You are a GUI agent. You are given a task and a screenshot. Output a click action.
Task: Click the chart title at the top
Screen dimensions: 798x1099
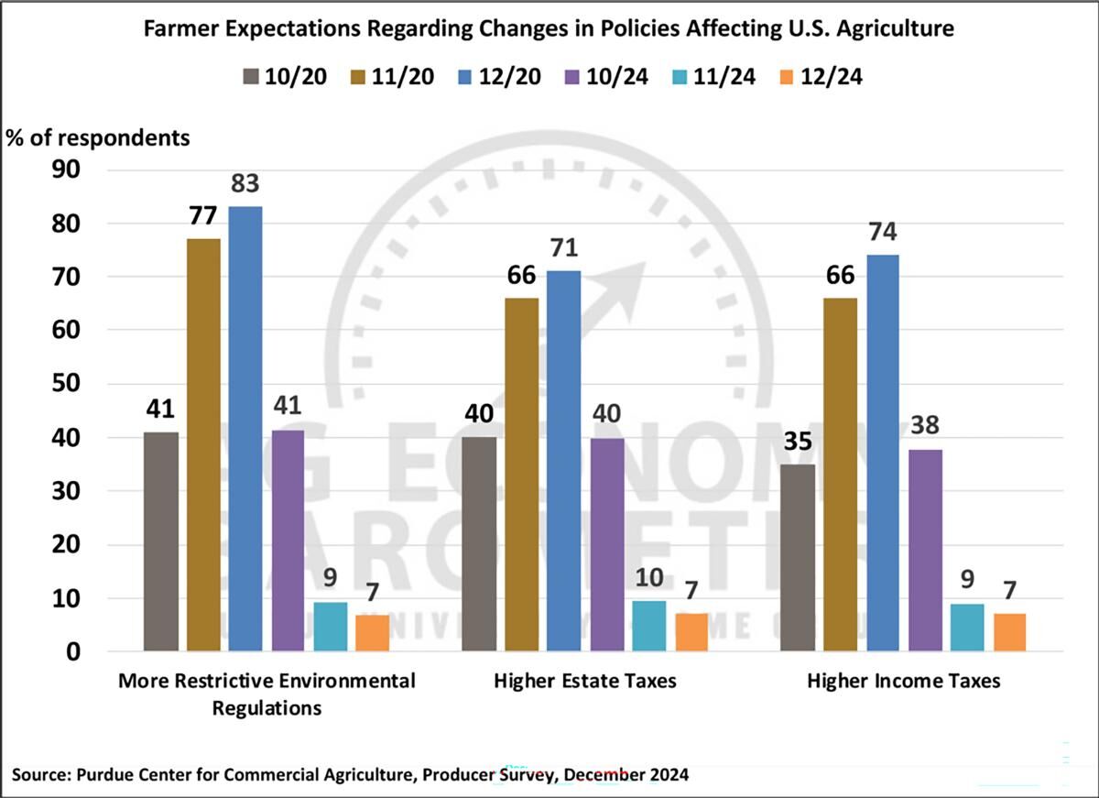[549, 28]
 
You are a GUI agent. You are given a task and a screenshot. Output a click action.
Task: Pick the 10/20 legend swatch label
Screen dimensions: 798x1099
[279, 76]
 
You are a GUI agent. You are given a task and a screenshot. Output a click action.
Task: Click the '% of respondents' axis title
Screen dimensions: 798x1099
[99, 138]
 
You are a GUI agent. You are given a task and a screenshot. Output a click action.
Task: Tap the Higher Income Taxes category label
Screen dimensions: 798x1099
[903, 682]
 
